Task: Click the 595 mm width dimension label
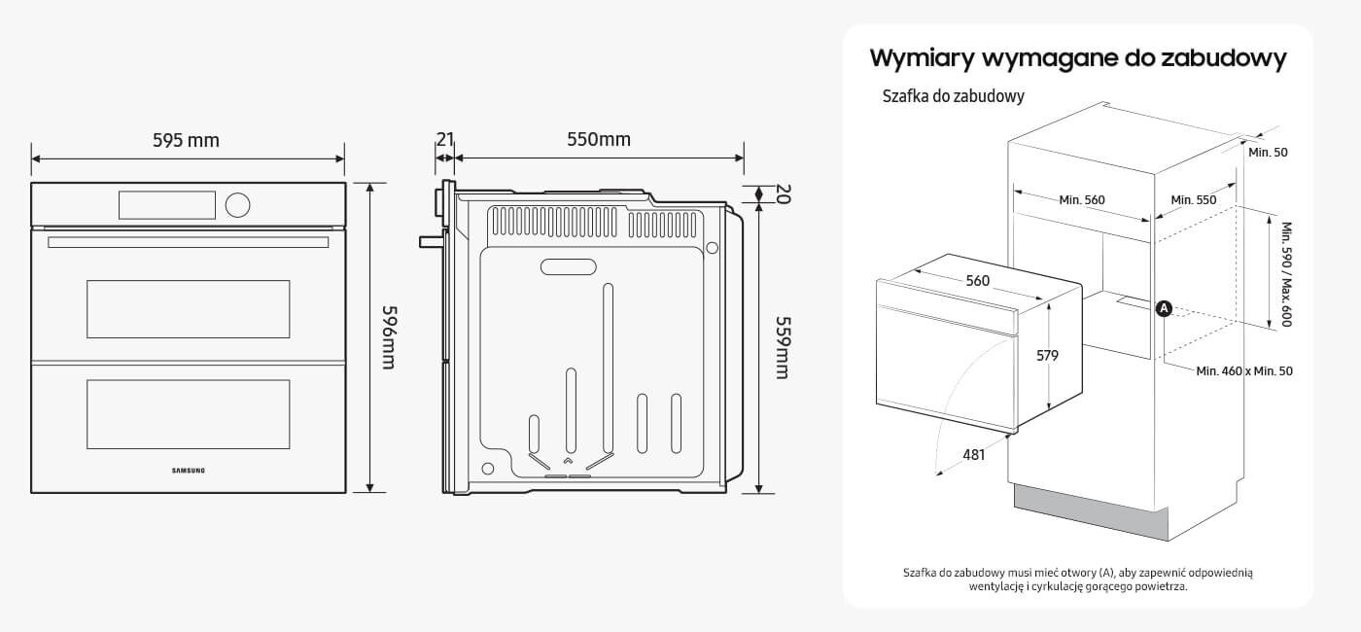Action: click(186, 141)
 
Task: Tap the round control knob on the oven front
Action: click(237, 204)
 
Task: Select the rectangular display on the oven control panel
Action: click(166, 204)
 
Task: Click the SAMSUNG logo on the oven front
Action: click(189, 472)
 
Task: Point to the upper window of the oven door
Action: click(189, 309)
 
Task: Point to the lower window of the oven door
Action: click(189, 414)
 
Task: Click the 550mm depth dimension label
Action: click(599, 140)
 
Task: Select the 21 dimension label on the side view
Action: click(444, 140)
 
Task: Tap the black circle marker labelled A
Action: click(1165, 308)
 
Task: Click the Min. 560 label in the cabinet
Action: click(1082, 200)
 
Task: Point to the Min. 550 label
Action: click(1194, 200)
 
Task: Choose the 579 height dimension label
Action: click(1046, 356)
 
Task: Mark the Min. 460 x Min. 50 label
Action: click(1244, 370)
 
